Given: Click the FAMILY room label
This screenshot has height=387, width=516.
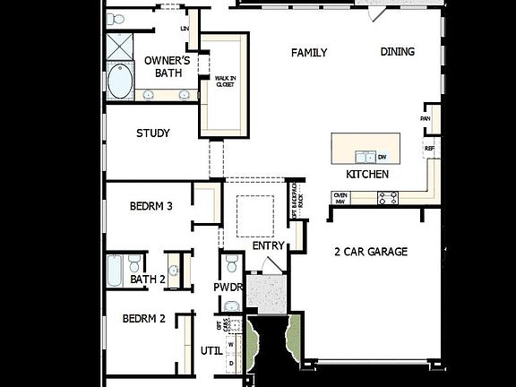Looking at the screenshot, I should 309,53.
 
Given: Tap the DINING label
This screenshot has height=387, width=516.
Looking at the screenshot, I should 397,52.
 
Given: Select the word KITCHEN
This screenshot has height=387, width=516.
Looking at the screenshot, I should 367,175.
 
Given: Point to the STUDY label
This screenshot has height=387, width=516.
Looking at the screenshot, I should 153,133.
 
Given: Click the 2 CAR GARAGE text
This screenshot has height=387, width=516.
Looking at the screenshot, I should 371,252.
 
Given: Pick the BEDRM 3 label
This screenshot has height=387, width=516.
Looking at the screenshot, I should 150,206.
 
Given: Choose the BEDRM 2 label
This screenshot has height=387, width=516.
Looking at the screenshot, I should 144,318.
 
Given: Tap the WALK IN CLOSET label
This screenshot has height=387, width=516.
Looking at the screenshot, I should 225,82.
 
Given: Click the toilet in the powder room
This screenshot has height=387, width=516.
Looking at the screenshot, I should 231,263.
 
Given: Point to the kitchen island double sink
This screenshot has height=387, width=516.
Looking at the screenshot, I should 365,157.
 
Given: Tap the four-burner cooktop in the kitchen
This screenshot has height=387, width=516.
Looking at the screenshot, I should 388,199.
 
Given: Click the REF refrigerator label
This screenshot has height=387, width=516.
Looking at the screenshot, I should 429,149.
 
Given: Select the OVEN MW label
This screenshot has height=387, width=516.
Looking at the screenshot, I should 340,198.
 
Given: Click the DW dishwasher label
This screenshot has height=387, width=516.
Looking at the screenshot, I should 382,157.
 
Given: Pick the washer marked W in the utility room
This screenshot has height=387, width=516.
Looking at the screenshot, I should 230,344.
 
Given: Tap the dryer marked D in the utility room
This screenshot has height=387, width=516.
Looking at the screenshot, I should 230,363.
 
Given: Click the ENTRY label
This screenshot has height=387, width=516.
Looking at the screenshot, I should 268,245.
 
